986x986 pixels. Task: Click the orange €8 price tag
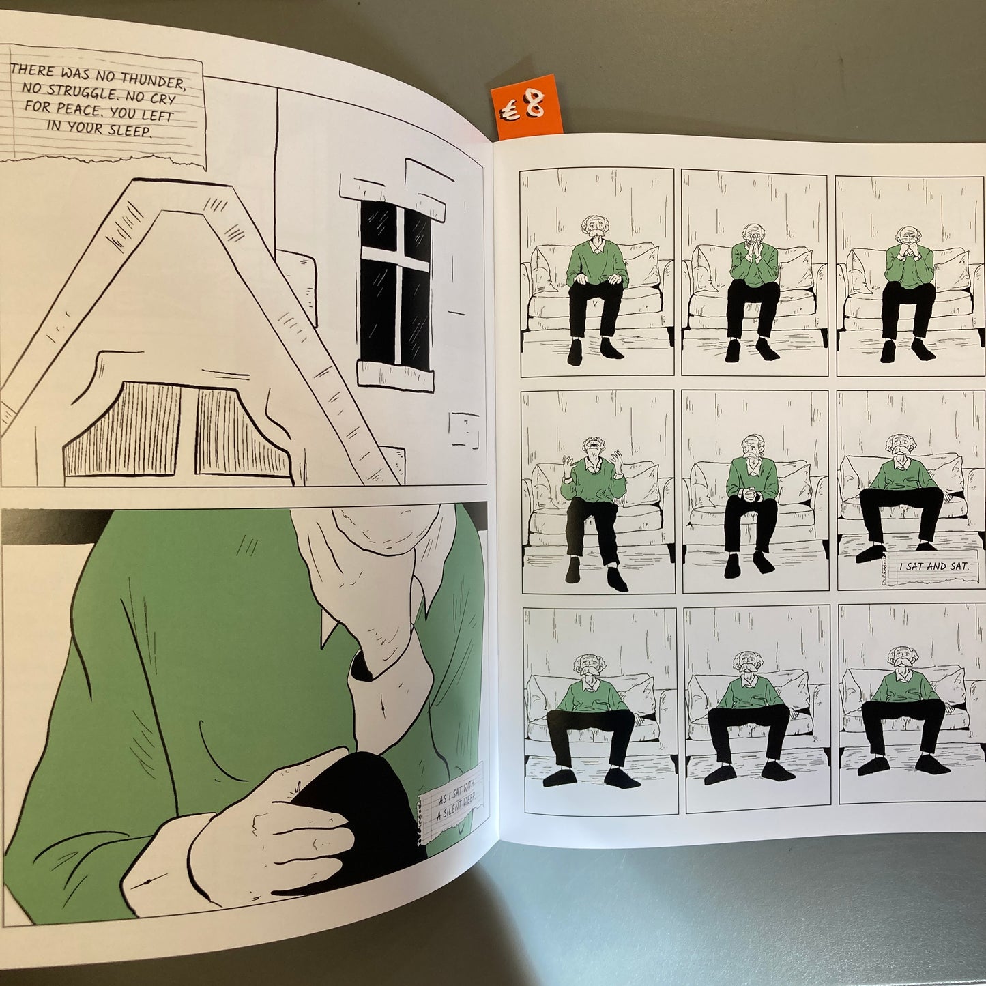pos(525,106)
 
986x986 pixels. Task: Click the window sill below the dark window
pos(395,375)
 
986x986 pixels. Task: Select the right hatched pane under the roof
pos(240,433)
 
